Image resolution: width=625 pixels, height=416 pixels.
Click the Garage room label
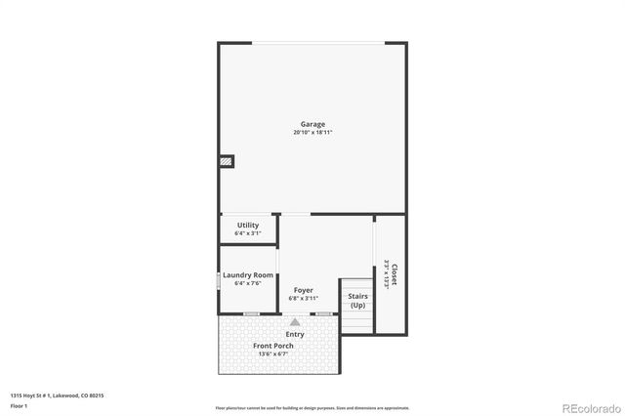(312, 124)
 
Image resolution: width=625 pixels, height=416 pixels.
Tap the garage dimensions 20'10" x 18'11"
(312, 132)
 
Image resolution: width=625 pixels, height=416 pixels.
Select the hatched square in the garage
(227, 161)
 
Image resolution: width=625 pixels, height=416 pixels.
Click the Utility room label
(248, 226)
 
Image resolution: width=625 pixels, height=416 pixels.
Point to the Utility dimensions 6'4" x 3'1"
(248, 233)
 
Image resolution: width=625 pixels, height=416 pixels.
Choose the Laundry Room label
(248, 275)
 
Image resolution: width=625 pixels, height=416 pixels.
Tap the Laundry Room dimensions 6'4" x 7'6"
(248, 283)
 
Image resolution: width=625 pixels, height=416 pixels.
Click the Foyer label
(304, 290)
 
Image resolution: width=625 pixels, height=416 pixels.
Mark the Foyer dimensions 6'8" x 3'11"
(304, 298)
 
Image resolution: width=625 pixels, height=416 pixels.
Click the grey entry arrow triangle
(295, 320)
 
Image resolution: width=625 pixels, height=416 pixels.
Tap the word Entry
(295, 334)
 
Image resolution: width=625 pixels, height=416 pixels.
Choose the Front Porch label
(273, 346)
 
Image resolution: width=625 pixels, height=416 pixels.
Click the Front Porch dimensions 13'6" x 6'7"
(274, 354)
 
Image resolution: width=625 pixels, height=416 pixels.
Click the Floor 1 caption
(19, 405)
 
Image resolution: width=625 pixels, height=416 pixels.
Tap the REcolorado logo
(589, 406)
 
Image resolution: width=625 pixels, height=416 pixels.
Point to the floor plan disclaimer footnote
(312, 408)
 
